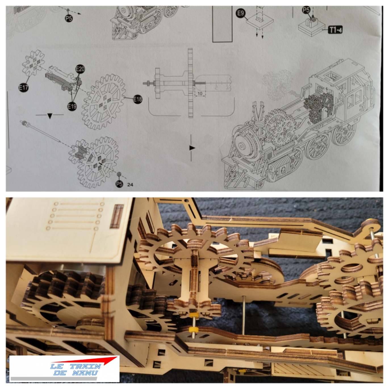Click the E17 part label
(x=23, y=88)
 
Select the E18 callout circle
(x=138, y=99)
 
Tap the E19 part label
(x=72, y=106)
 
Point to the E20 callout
(x=80, y=69)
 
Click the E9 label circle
(x=240, y=13)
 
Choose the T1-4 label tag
(x=335, y=30)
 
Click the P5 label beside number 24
(x=119, y=184)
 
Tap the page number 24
(x=130, y=185)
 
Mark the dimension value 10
(x=200, y=94)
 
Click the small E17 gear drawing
(x=34, y=63)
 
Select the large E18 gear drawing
(x=103, y=102)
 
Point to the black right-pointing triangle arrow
(x=192, y=148)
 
